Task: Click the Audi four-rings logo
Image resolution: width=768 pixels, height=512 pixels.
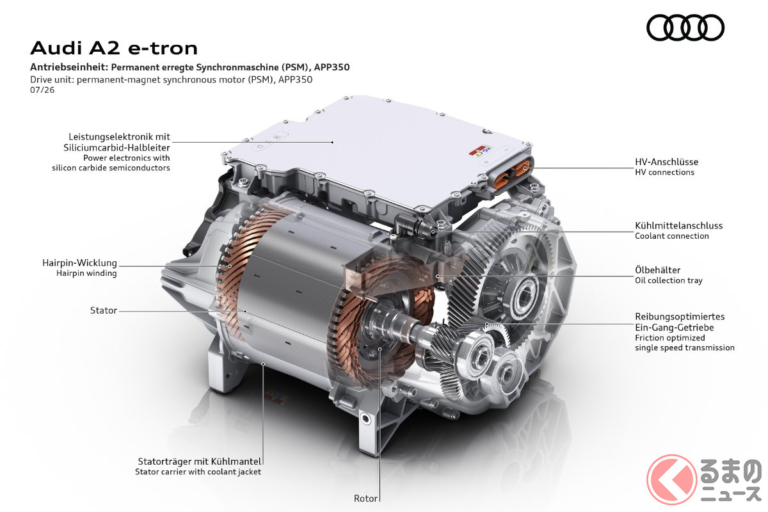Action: click(x=685, y=28)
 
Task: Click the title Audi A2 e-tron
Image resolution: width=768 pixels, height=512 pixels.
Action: click(x=114, y=48)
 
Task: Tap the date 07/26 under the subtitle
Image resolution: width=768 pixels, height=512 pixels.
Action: click(x=42, y=90)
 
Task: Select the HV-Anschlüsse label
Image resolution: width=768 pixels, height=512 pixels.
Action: click(x=666, y=162)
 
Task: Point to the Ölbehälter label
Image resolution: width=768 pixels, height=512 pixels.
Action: click(x=658, y=270)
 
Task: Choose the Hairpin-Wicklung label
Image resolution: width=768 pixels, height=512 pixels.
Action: click(x=79, y=263)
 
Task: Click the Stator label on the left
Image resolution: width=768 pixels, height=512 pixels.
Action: click(x=104, y=310)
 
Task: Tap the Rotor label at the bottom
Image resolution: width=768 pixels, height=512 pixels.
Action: click(x=365, y=499)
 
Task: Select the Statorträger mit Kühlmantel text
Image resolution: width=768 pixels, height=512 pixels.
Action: click(x=200, y=461)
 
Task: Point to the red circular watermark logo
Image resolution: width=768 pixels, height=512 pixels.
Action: click(x=671, y=480)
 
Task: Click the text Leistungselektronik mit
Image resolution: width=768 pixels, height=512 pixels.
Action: click(x=119, y=137)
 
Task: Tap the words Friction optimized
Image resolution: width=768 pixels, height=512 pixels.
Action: click(x=670, y=338)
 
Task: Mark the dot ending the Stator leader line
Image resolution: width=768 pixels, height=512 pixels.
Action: click(x=245, y=312)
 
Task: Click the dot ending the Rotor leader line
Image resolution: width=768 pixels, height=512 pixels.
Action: click(x=380, y=349)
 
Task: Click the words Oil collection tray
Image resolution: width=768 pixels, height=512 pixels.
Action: click(x=669, y=280)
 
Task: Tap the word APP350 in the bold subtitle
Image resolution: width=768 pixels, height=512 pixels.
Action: click(x=332, y=67)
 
